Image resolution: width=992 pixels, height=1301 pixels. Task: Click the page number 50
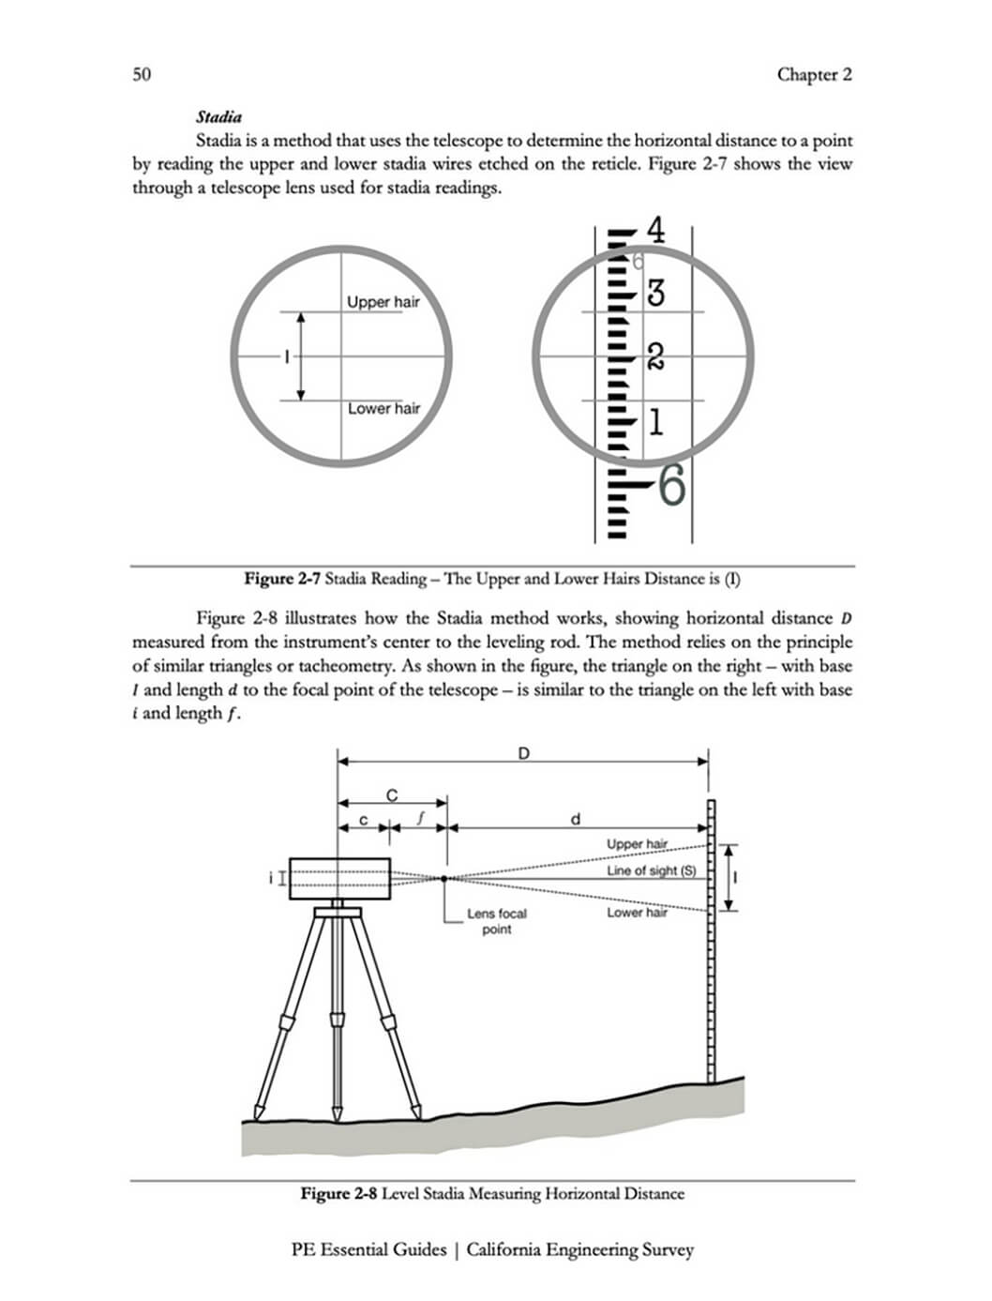point(142,75)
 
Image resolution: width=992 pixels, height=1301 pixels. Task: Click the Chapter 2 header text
point(814,75)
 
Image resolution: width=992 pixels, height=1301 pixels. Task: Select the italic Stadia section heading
point(218,117)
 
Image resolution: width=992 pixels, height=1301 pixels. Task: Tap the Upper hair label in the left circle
point(383,302)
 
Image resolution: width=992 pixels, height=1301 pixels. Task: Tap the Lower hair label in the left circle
point(383,408)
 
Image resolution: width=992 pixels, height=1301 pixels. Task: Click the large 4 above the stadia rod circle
point(656,231)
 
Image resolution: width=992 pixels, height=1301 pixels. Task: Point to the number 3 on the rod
point(656,293)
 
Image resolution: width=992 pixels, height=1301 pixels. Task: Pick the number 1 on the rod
point(655,422)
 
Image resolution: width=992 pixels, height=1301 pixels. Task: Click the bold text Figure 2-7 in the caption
point(282,579)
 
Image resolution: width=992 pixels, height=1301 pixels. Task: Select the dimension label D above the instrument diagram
point(523,752)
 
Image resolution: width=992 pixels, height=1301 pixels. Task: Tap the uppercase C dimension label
point(392,795)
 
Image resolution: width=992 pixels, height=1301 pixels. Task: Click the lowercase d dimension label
point(576,819)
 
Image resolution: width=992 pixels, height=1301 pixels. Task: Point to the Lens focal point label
point(496,921)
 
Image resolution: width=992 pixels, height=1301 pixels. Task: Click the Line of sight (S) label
point(651,870)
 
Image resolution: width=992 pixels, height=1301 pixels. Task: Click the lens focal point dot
point(445,879)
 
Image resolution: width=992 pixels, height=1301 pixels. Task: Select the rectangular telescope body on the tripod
point(339,879)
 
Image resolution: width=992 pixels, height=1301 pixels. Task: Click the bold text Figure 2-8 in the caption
point(338,1194)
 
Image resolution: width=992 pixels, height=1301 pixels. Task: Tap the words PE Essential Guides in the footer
point(368,1249)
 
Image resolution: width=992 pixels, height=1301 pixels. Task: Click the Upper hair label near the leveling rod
point(637,844)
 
